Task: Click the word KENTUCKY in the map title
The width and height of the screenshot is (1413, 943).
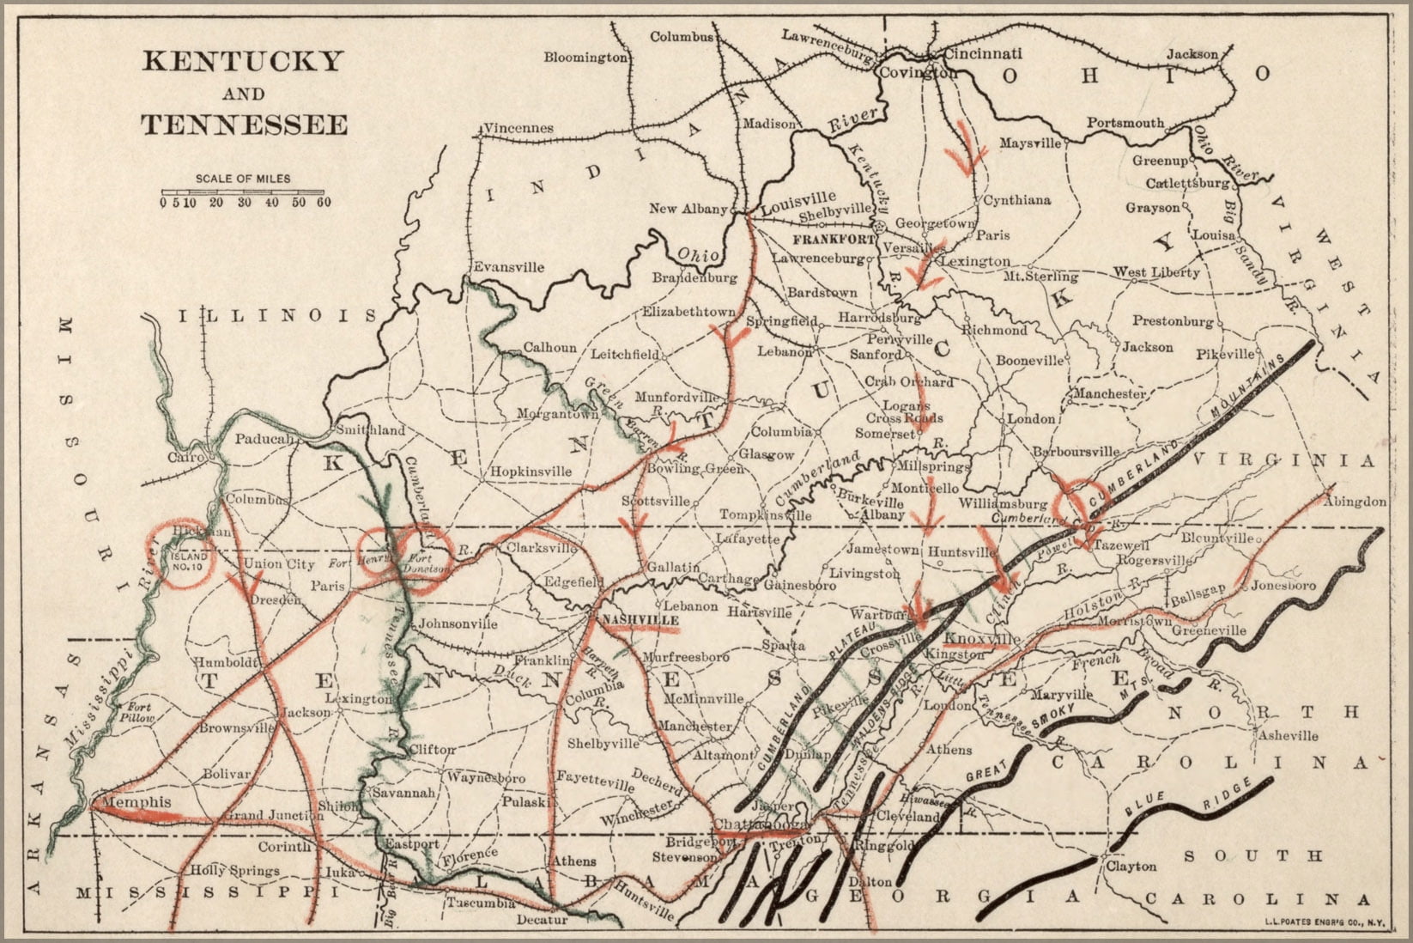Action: (x=243, y=62)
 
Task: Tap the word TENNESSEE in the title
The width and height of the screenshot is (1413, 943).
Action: (x=245, y=125)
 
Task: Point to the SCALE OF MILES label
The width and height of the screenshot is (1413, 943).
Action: (x=243, y=179)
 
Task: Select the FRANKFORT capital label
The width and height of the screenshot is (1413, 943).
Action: (x=834, y=237)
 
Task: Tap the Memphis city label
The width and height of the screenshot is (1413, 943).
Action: (x=136, y=802)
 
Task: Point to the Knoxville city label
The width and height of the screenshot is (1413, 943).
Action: (x=982, y=640)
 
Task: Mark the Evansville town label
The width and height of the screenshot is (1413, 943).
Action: (x=508, y=267)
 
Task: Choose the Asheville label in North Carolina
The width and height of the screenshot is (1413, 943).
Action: (x=1287, y=735)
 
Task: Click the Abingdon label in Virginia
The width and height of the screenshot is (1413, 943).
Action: (x=1356, y=502)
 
